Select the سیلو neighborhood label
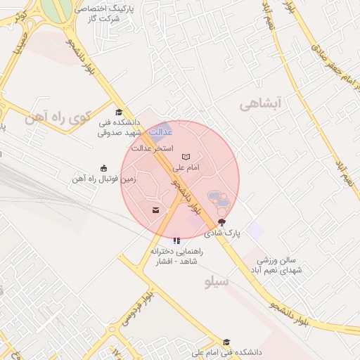[x=217, y=282]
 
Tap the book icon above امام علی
[x=186, y=157]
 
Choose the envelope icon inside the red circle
[x=155, y=210]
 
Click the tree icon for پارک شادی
[x=223, y=221]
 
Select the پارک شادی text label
[x=223, y=232]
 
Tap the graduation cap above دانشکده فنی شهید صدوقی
[x=119, y=112]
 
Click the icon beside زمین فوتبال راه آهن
[x=104, y=168]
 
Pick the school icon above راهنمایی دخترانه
[x=176, y=240]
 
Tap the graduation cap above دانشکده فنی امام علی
[x=226, y=342]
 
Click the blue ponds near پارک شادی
[x=217, y=199]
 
